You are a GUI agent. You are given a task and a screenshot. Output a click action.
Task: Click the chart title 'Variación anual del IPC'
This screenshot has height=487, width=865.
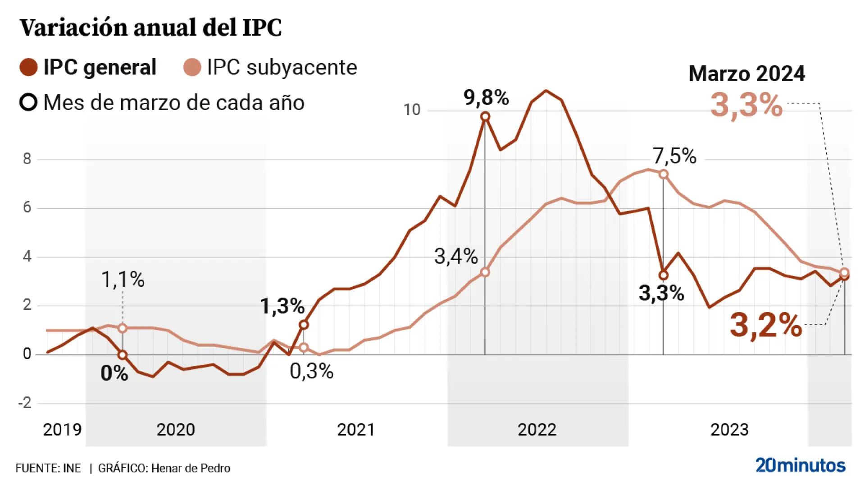[150, 28]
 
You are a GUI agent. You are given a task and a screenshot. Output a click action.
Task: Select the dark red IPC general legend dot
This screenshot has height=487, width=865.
[28, 67]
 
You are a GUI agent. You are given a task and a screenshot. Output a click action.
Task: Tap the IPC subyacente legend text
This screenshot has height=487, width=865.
[282, 67]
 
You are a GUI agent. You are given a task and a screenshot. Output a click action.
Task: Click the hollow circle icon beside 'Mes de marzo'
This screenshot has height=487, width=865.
[28, 102]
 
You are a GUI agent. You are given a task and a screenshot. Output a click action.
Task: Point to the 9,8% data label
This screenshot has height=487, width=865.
[486, 97]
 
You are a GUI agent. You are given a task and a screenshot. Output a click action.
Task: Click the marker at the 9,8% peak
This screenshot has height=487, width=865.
[485, 116]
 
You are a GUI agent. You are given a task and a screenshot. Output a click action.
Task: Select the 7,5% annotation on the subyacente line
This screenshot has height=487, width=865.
[674, 156]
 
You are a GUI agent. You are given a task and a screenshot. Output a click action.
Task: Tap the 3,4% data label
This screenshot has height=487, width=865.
[455, 256]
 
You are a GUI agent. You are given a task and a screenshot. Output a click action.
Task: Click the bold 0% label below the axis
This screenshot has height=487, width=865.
[114, 373]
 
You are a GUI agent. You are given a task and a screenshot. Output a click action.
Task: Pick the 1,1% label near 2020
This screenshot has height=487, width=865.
[123, 279]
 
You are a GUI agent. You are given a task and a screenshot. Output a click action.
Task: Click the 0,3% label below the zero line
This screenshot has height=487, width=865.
[311, 371]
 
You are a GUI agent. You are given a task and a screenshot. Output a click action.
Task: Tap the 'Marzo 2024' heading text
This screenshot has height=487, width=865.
[747, 74]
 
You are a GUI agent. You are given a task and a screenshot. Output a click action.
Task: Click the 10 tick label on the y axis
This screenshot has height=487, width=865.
[411, 110]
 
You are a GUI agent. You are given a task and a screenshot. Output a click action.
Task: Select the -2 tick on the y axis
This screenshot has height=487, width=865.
[25, 402]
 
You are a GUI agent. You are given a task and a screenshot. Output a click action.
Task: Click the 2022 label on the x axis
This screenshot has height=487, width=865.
[537, 429]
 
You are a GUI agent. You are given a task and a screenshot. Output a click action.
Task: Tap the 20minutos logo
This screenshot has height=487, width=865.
[800, 465]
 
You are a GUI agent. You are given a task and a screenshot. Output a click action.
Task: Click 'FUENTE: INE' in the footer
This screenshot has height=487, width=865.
[48, 468]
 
